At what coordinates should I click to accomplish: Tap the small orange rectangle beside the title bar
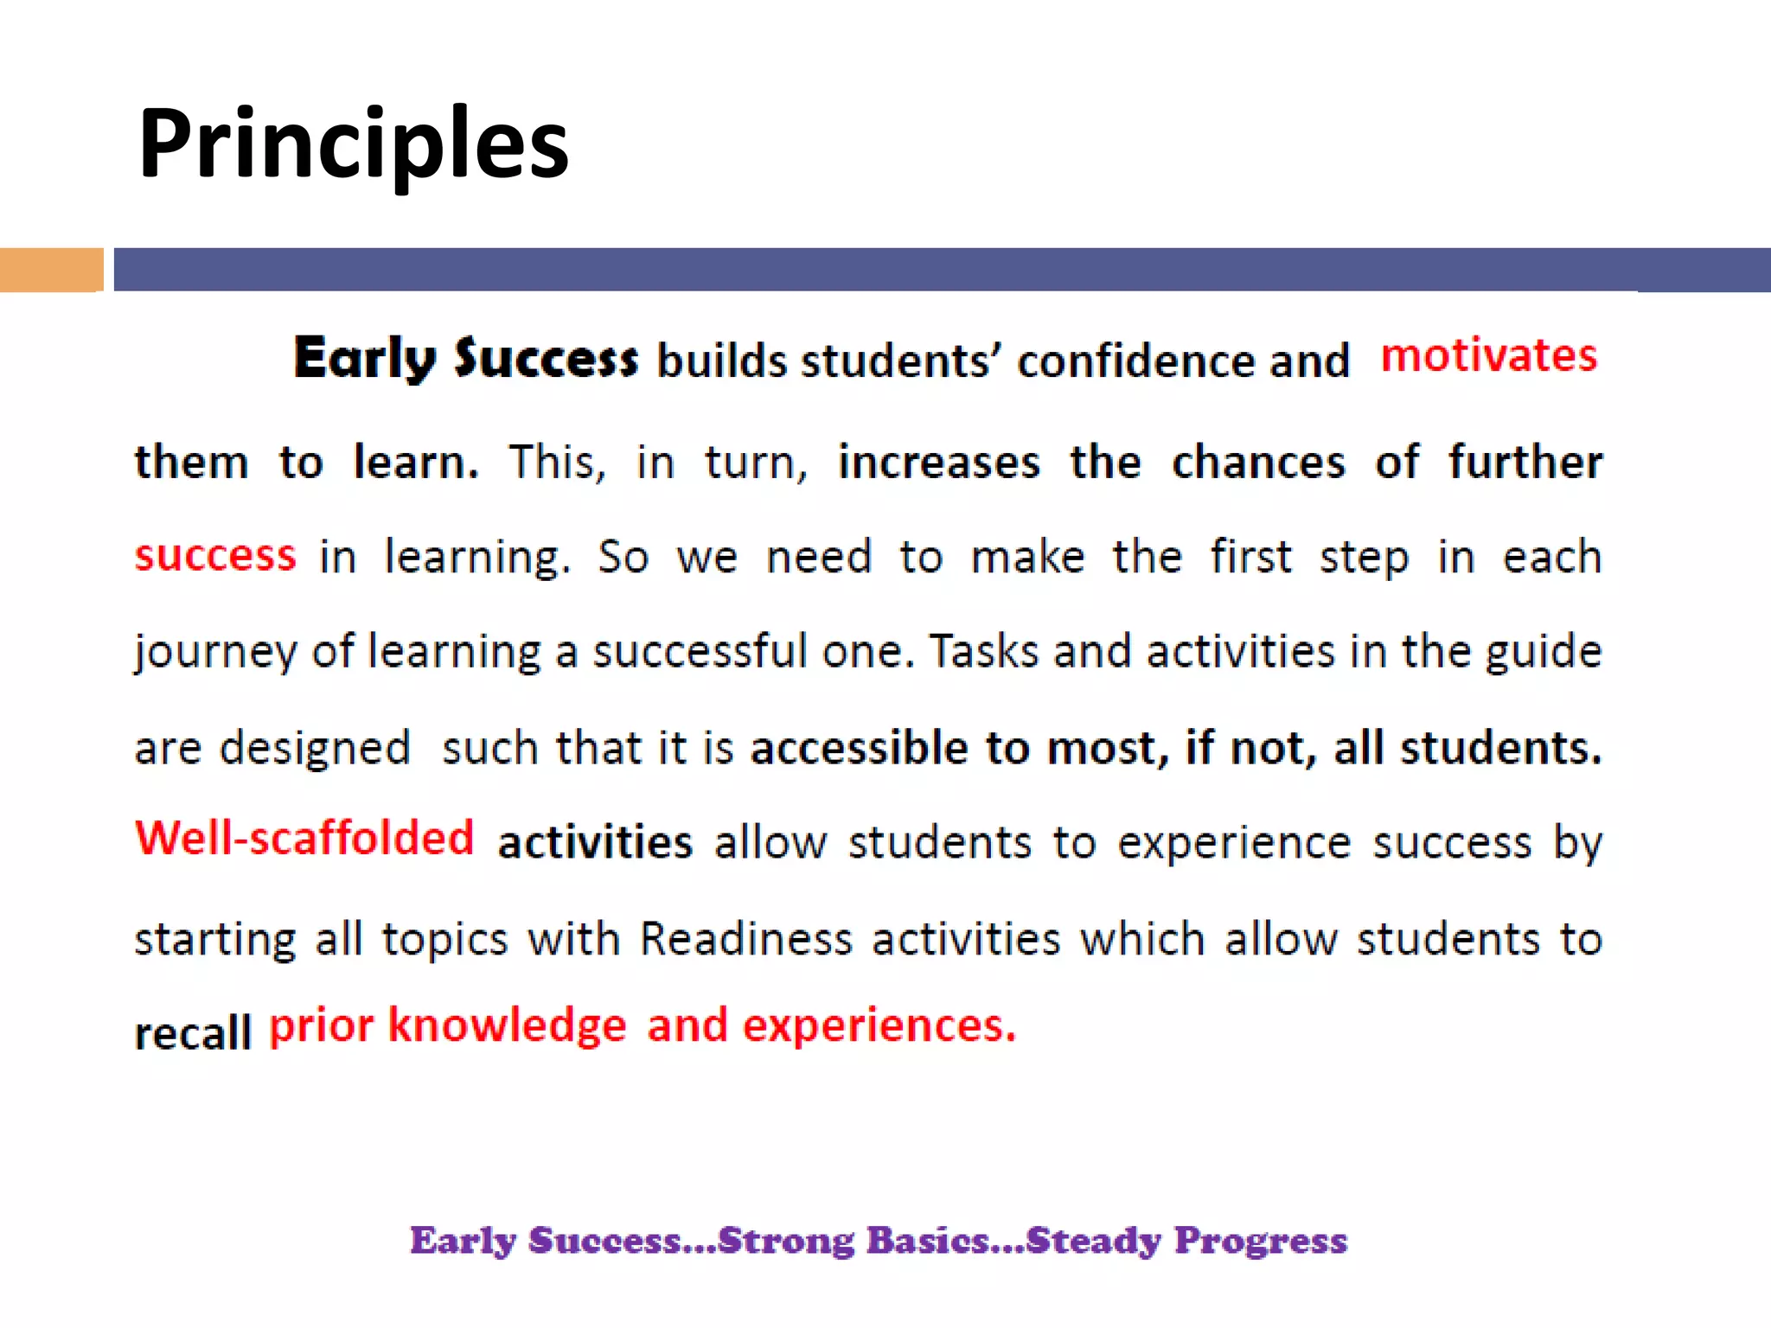[51, 270]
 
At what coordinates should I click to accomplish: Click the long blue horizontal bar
[941, 270]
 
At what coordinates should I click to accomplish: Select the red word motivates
[1488, 355]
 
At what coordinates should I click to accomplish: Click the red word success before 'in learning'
[215, 555]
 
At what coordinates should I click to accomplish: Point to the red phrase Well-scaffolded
[304, 839]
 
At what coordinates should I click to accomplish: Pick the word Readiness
[745, 939]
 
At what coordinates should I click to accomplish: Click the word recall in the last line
[192, 1032]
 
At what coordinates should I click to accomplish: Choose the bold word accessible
[859, 747]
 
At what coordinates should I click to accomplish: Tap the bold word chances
[1258, 462]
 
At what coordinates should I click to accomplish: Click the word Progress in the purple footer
[1260, 1241]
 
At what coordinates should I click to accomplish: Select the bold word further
[1525, 462]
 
